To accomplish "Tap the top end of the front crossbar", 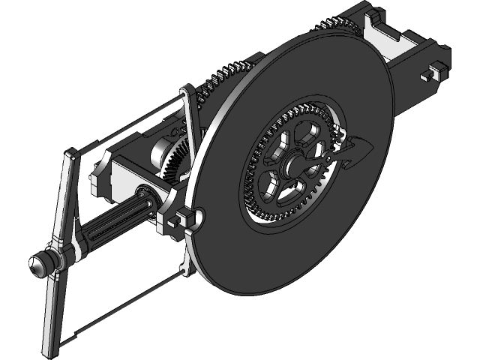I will [70, 156].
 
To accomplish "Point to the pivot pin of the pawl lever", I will [333, 158].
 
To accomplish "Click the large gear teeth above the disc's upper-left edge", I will [225, 75].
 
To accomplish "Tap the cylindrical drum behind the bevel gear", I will [160, 153].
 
